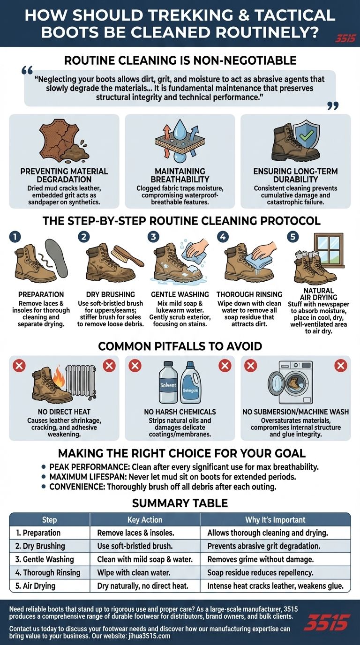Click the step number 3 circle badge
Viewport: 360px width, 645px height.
tap(153, 237)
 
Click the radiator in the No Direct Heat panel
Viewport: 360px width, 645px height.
tap(81, 381)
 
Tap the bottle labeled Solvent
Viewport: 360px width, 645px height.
tap(168, 382)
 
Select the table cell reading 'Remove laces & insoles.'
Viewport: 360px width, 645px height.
tap(135, 532)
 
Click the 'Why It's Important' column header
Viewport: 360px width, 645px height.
tap(275, 519)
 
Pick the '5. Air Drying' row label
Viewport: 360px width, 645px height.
tap(35, 585)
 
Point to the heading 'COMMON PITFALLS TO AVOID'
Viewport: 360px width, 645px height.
tap(180, 346)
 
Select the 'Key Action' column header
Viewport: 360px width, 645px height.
tap(145, 519)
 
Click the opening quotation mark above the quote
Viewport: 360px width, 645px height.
tap(27, 70)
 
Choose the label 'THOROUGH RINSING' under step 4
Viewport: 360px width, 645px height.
tap(249, 294)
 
